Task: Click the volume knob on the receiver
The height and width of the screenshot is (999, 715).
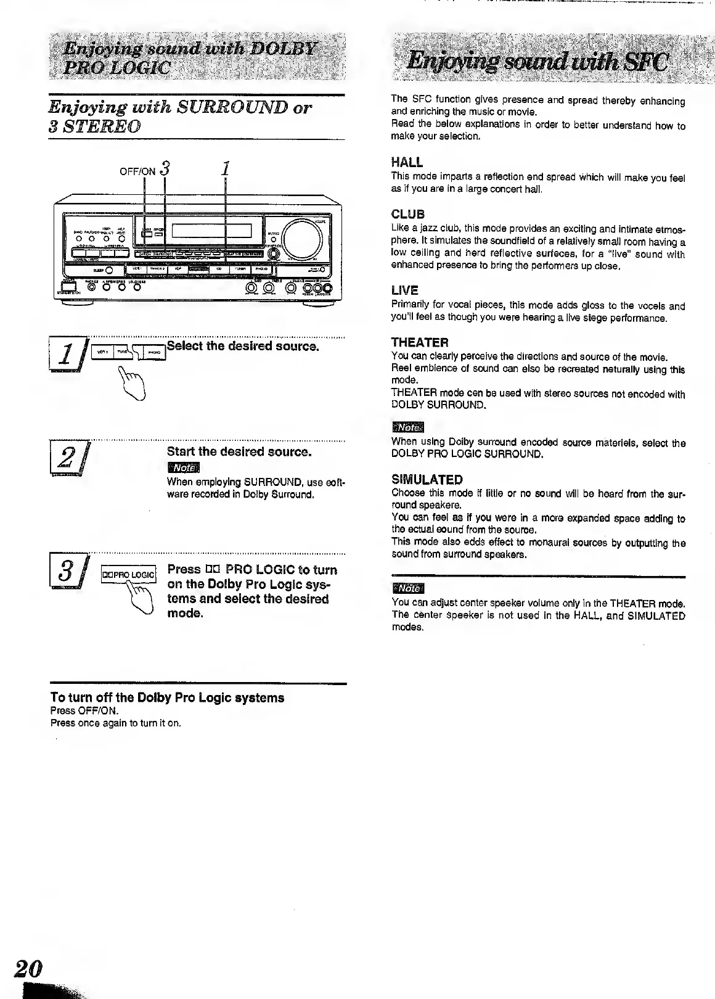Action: click(x=301, y=237)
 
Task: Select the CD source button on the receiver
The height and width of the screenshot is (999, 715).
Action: click(x=218, y=269)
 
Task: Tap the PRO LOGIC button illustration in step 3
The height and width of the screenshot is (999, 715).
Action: click(x=128, y=575)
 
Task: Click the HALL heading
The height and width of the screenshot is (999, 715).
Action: click(x=407, y=163)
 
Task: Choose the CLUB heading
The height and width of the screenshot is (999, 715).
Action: click(x=408, y=215)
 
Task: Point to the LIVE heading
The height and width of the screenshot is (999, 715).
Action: click(x=405, y=290)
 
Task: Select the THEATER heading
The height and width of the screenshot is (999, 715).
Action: click(x=420, y=342)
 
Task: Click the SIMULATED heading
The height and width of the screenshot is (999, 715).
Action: click(x=427, y=480)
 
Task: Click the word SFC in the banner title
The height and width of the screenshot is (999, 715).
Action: click(x=640, y=62)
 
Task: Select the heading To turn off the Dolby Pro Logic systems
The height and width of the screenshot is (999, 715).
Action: click(x=167, y=697)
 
